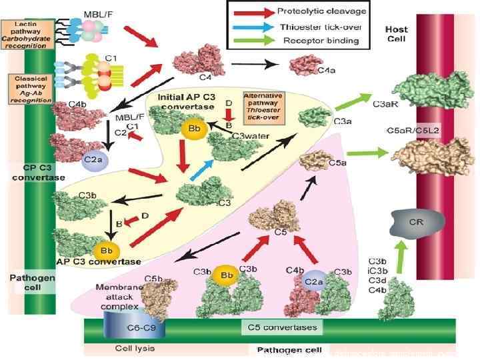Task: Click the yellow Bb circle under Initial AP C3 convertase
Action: (193, 129)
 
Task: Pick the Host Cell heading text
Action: (399, 34)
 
